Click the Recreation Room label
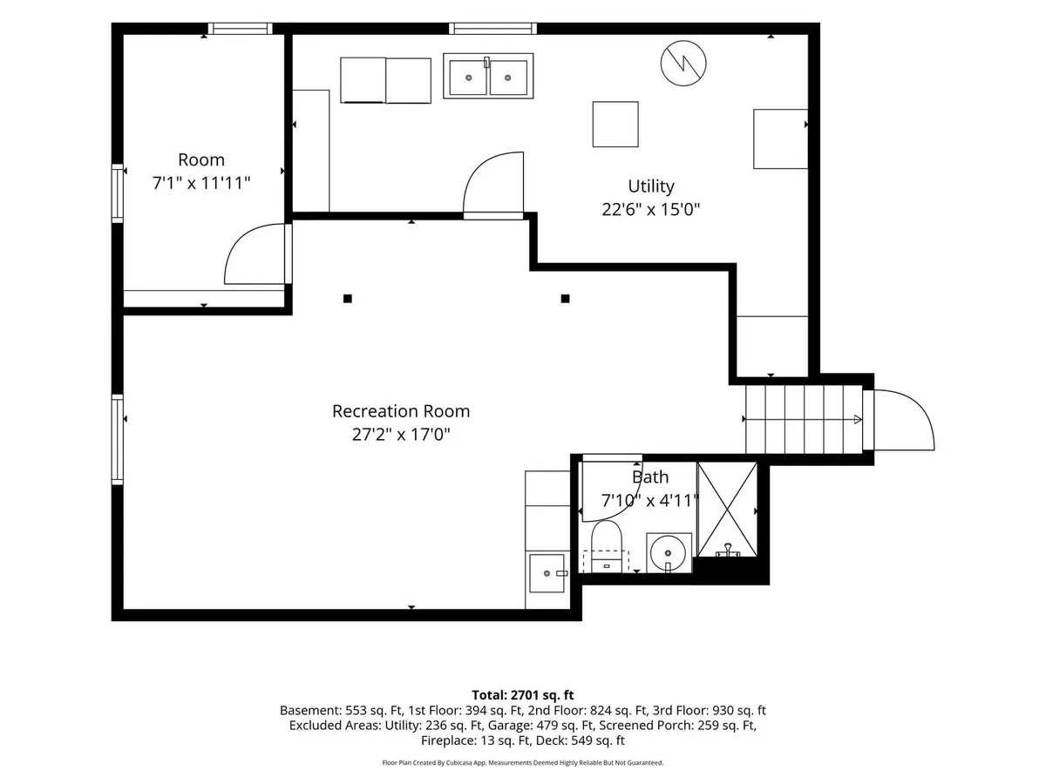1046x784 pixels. click(x=401, y=411)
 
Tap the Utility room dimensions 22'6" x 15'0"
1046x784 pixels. click(x=650, y=209)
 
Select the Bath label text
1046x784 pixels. click(x=650, y=477)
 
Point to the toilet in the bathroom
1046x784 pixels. click(x=606, y=546)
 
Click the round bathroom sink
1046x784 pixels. click(x=668, y=553)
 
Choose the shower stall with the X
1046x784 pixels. click(x=727, y=510)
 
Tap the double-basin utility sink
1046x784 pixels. click(x=488, y=76)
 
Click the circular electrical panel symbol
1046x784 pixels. click(x=683, y=64)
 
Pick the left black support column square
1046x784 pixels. click(x=348, y=299)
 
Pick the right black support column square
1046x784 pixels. click(x=565, y=299)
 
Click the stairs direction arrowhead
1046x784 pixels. click(x=858, y=419)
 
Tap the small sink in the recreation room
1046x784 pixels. click(x=547, y=573)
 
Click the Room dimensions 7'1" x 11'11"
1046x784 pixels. click(x=201, y=183)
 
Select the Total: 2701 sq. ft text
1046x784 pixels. click(x=523, y=695)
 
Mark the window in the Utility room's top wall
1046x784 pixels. click(x=492, y=29)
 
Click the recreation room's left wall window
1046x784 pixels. click(x=117, y=439)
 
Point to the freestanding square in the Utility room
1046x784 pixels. click(x=615, y=125)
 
